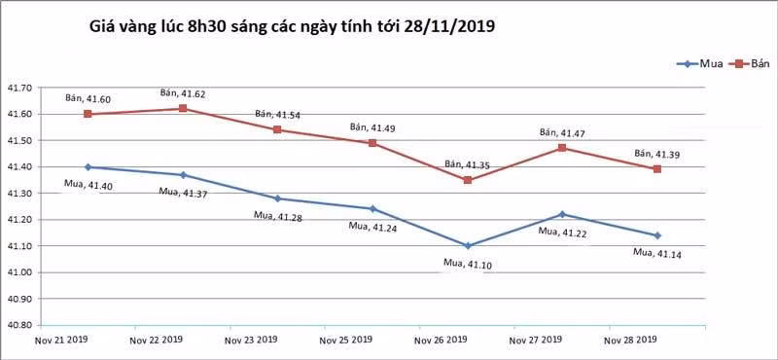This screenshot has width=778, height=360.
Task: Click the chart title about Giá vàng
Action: click(x=292, y=26)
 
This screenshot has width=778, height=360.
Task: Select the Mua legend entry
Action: click(x=699, y=63)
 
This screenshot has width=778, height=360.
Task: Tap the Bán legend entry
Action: click(x=749, y=63)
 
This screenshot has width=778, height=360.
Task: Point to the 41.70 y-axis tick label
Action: click(x=18, y=88)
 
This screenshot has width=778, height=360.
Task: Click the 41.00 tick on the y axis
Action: click(x=18, y=272)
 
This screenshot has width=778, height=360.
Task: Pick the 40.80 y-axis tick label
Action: click(x=18, y=325)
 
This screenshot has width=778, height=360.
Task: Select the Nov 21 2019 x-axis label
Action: click(x=61, y=340)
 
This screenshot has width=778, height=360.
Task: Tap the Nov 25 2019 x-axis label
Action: click(x=346, y=341)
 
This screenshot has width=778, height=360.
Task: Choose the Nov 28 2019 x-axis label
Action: click(x=630, y=341)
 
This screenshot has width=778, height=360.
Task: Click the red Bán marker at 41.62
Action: click(x=183, y=108)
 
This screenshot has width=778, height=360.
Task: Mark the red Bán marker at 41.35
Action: click(x=468, y=180)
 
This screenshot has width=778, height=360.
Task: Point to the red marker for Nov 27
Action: click(x=562, y=148)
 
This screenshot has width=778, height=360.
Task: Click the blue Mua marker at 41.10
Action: click(x=468, y=246)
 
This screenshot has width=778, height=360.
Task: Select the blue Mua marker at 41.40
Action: click(x=88, y=166)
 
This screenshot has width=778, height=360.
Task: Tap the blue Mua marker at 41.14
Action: click(x=657, y=235)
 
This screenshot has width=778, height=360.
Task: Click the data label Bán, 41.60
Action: click(x=88, y=99)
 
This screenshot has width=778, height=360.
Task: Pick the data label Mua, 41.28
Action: click(x=277, y=216)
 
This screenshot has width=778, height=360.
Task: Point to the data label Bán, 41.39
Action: click(x=657, y=154)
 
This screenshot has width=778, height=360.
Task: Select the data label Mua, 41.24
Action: click(x=372, y=227)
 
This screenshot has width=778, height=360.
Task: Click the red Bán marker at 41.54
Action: click(x=277, y=129)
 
